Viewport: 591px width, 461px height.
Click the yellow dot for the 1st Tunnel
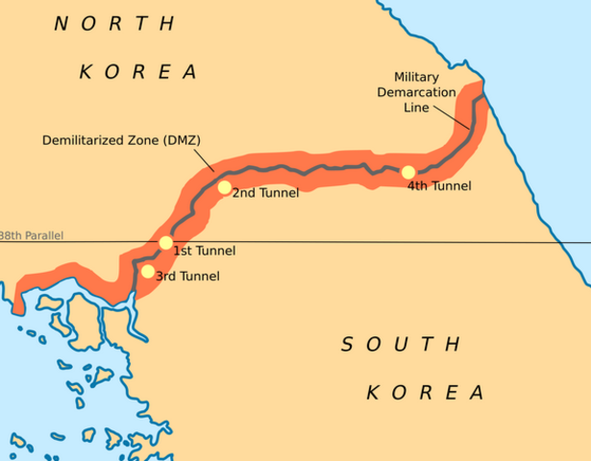click(166, 243)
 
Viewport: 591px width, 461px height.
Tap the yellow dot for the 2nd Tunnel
click(225, 187)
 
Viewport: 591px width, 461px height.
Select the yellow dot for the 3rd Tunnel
click(147, 272)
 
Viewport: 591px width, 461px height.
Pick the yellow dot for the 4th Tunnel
click(408, 173)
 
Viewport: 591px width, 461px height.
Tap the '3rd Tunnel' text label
click(187, 277)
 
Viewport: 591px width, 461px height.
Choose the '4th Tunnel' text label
click(439, 186)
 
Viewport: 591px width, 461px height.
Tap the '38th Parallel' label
click(31, 235)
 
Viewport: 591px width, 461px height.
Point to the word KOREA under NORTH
click(137, 71)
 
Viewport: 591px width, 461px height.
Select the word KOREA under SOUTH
click(424, 392)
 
